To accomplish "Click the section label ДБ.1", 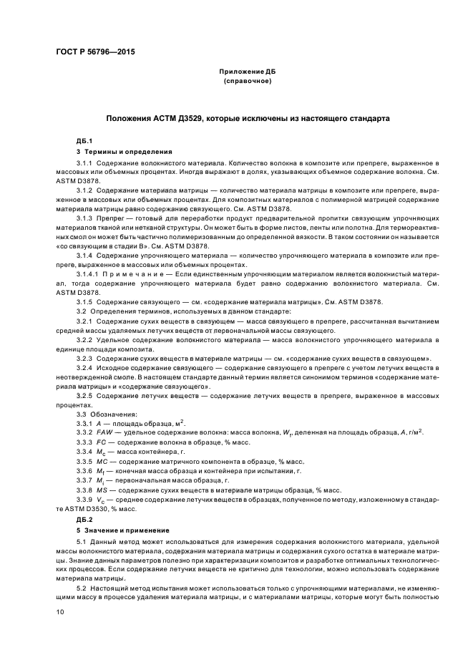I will tap(84, 140).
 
